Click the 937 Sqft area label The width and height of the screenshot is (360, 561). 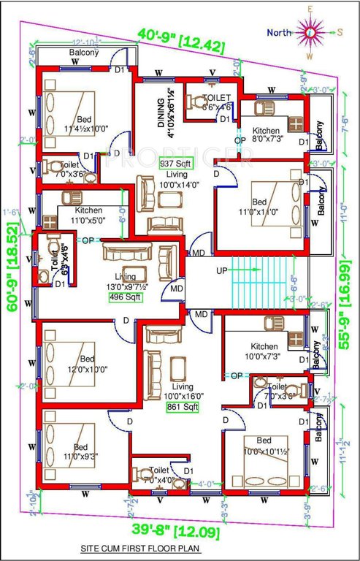tap(175, 164)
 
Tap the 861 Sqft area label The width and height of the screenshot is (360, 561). tap(183, 405)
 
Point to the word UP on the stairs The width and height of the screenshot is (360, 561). tap(221, 271)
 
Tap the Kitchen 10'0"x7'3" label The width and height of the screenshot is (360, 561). tap(263, 351)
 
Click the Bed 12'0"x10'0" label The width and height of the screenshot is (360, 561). tap(87, 364)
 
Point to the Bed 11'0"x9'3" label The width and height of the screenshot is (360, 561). tap(80, 452)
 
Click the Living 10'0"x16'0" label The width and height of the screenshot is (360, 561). tap(183, 391)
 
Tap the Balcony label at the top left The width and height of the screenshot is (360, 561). tap(83, 53)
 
